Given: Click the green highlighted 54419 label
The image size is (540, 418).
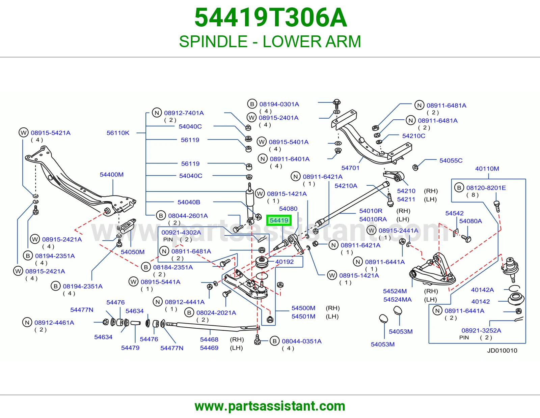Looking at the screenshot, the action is point(278,220).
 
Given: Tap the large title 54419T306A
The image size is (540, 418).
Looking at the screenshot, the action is point(270,18).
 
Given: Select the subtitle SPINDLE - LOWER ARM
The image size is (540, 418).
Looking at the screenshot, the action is point(270,41).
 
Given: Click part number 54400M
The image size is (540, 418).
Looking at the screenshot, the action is point(112,175).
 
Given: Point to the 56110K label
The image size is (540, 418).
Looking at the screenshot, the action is point(118,133).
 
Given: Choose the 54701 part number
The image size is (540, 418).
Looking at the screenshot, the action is point(350,168).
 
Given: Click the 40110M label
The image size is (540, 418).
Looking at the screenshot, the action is point(487,169).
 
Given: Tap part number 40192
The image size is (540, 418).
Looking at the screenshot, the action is point(284,262).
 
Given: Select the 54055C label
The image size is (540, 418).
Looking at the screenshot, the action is point(451,160).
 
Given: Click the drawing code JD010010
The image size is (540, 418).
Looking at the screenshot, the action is point(502,351).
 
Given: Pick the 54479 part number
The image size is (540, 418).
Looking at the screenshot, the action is point(130,348).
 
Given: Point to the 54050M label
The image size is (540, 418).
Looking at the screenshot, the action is point(133,252).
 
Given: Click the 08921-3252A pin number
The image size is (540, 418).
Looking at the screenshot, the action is point(481,330).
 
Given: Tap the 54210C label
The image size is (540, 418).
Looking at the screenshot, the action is point(414,136).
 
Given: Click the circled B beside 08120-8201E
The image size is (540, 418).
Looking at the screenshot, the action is point(459,188).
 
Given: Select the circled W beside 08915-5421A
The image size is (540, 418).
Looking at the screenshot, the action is point(24,132).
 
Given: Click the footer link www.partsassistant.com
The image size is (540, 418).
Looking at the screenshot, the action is point(270,406).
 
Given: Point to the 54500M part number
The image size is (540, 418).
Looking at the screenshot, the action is point(303,308).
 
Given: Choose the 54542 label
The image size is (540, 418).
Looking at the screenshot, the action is point(454,213).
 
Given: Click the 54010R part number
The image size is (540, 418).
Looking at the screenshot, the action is point(371,211).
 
